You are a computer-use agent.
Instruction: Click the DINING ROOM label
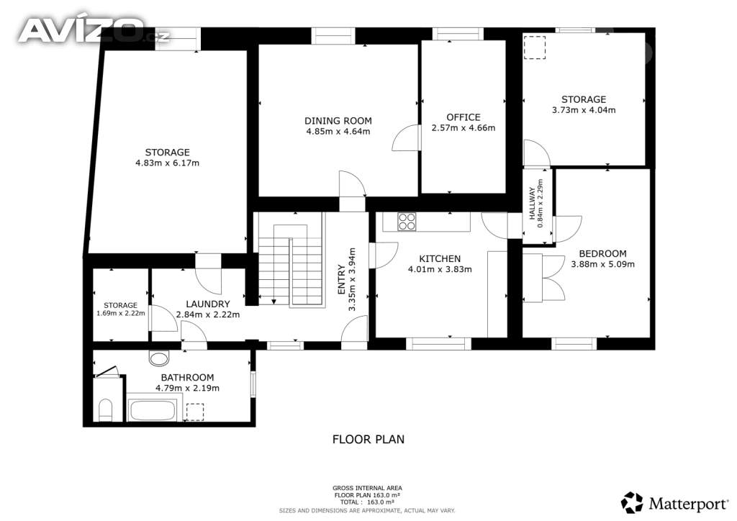coord(338,121)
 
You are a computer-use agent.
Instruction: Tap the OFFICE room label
coord(464,117)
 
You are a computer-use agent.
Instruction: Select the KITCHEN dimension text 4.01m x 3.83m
coord(440,269)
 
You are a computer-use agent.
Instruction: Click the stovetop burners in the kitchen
coord(407,222)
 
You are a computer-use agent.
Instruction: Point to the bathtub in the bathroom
coord(153,411)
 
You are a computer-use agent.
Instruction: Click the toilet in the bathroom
coord(105,410)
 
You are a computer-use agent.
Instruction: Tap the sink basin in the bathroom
coord(159,358)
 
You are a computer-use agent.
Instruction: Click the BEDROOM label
coord(602,254)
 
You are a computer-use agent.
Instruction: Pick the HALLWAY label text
coord(532,204)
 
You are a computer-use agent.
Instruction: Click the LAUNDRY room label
coord(208,304)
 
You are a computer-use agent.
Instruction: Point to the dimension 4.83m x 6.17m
coord(167,163)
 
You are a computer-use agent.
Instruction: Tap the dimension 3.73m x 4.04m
coord(584,110)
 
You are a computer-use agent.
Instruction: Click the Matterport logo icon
coord(632,503)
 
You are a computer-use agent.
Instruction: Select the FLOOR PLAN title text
coord(368,439)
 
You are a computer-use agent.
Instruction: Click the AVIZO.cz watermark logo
coord(93,30)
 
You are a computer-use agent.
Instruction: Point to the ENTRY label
coord(342,279)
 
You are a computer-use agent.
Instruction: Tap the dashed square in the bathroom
coord(195,412)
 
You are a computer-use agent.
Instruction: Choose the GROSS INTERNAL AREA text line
coord(367,488)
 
